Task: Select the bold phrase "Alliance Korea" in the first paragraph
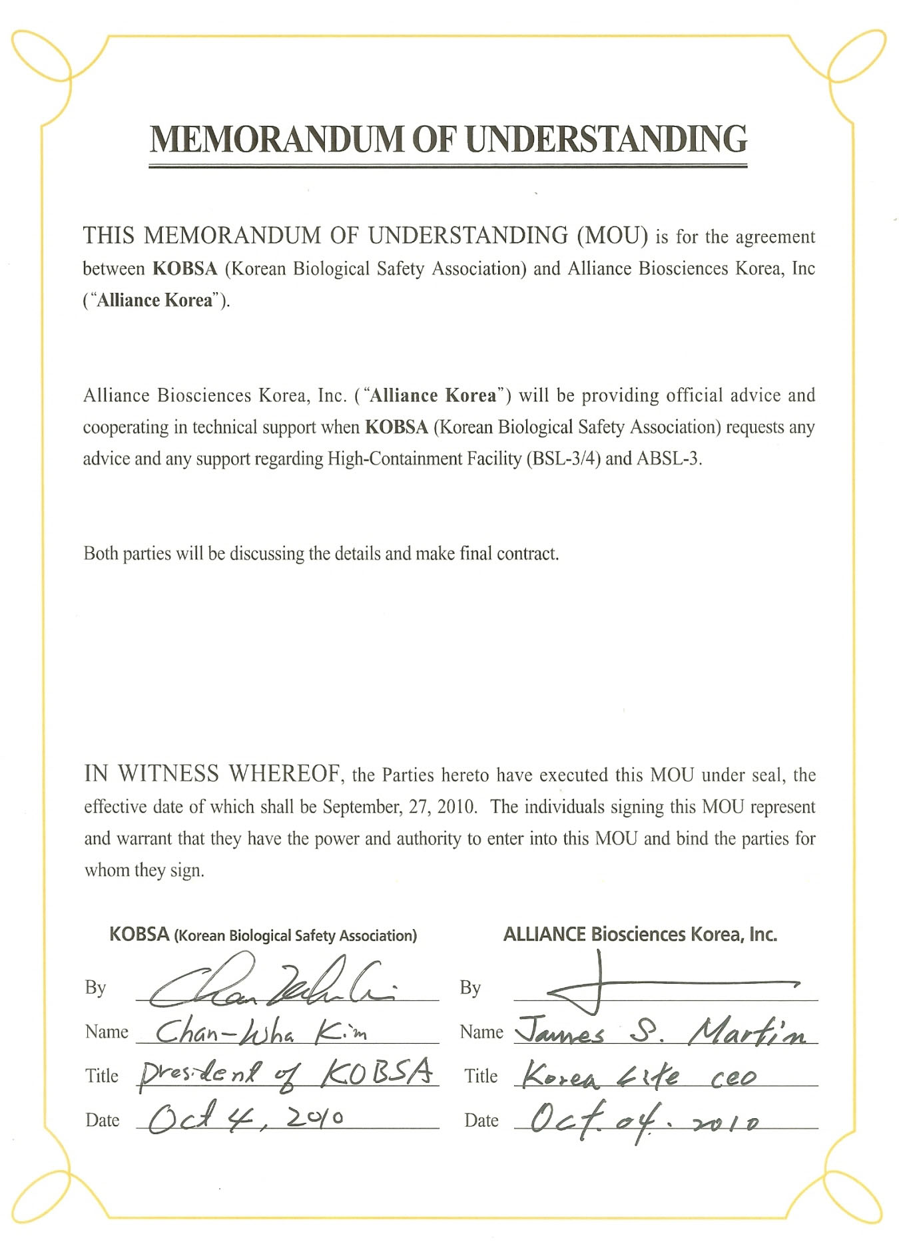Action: (155, 300)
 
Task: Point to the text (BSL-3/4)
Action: (563, 459)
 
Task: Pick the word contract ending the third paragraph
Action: (527, 554)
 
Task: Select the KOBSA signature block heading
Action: (262, 934)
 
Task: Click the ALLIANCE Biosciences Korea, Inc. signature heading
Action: (640, 934)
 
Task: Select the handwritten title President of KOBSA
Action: (286, 1074)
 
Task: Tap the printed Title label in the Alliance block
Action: (481, 1076)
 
